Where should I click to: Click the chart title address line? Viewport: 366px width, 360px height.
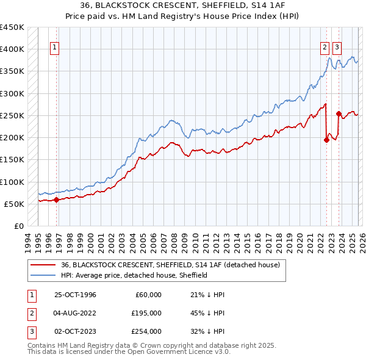(183, 5)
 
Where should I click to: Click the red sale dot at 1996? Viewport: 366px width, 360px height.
(56, 199)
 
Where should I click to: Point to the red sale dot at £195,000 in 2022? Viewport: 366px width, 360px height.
(326, 140)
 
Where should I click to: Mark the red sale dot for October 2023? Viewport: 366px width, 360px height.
(339, 113)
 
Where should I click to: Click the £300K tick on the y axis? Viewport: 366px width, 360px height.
(12, 93)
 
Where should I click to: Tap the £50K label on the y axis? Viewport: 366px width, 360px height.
(15, 204)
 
